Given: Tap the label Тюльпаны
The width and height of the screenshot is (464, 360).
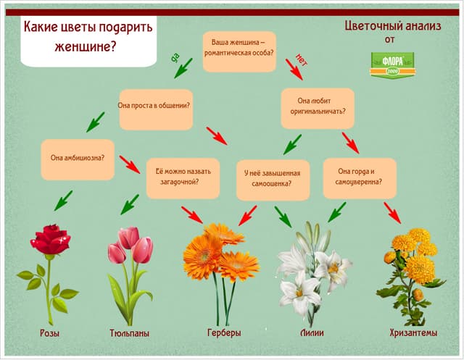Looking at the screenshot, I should (x=129, y=333).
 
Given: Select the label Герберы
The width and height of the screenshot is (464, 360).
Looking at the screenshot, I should (x=223, y=333).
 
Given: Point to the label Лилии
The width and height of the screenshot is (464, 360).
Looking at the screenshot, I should (x=311, y=333).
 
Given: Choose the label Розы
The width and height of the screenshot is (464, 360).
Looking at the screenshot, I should (x=49, y=333).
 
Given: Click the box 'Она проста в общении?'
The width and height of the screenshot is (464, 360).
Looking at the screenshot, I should (x=154, y=106).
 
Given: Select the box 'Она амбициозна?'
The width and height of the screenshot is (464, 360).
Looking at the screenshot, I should (x=78, y=158).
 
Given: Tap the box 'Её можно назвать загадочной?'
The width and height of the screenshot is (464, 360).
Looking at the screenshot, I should (x=183, y=177).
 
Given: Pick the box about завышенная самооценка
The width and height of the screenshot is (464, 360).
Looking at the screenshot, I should (x=272, y=178).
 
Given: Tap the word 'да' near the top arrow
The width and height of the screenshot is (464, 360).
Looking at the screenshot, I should (x=175, y=56).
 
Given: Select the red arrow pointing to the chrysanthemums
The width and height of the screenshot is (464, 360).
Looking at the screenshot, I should (x=392, y=212).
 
